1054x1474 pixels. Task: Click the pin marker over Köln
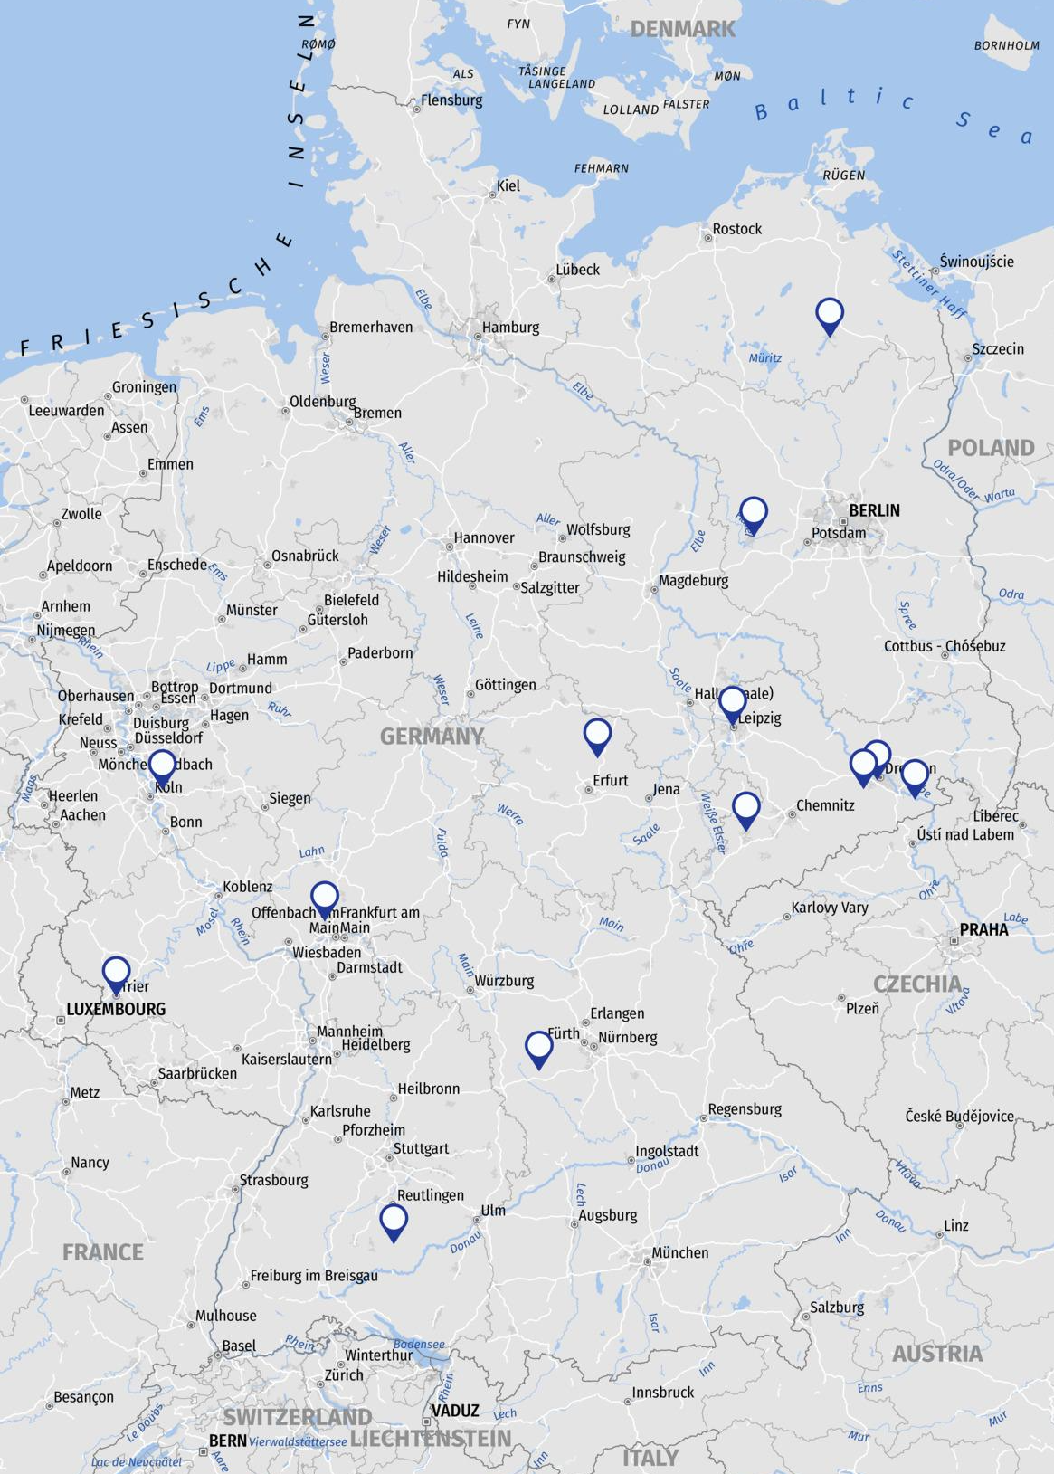[x=162, y=766]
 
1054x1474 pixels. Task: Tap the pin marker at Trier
[x=116, y=974]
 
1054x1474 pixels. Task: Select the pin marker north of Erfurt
[x=597, y=735]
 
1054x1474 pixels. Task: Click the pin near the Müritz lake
[x=830, y=315]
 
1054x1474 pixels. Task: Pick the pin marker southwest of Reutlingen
[x=394, y=1221]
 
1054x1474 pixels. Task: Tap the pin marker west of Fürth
[x=539, y=1048]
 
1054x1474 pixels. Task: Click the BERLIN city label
[x=874, y=510]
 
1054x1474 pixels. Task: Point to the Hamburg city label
[x=510, y=328]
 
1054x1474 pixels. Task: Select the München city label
[x=680, y=1252]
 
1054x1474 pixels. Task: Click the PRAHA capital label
[x=983, y=929]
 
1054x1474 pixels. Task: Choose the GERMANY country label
[x=432, y=737]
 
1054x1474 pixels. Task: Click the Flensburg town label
[x=451, y=100]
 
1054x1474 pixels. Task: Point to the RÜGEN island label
[x=843, y=176]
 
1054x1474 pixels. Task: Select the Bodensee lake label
[x=419, y=1345]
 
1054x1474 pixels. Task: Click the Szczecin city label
[x=998, y=348]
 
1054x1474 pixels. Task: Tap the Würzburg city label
[x=504, y=981]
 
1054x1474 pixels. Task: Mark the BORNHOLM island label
[x=1006, y=45]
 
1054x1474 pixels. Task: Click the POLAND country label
[x=991, y=448]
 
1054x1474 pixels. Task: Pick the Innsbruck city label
[x=662, y=1393]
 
